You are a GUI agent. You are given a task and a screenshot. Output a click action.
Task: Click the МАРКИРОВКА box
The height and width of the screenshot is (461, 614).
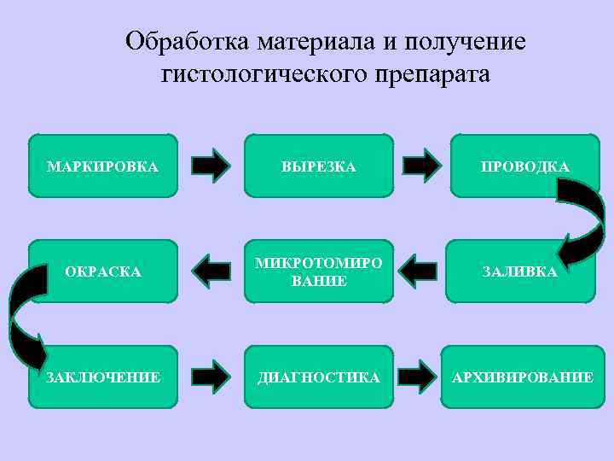(102, 166)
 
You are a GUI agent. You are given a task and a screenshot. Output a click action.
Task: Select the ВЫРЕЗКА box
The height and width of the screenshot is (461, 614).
(319, 166)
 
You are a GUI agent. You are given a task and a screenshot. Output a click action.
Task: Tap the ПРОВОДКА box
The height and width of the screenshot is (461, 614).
(524, 166)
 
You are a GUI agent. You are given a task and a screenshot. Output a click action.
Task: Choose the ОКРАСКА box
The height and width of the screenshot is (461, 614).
(102, 271)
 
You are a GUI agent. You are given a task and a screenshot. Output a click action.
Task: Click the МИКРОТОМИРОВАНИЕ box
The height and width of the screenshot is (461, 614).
(319, 271)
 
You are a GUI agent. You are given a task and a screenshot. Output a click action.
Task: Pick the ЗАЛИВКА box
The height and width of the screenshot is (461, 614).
(519, 271)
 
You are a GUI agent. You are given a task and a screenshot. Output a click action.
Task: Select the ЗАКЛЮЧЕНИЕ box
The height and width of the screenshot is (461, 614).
(102, 376)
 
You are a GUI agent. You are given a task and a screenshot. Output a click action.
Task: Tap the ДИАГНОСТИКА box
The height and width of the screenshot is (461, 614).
(319, 376)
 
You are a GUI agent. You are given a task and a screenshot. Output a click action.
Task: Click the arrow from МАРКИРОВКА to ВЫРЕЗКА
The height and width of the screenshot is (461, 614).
(211, 166)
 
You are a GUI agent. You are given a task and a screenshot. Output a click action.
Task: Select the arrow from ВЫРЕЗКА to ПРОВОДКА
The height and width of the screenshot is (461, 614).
(421, 166)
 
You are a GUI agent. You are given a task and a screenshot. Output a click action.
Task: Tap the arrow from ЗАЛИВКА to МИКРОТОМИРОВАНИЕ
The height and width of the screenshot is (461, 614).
(418, 271)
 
